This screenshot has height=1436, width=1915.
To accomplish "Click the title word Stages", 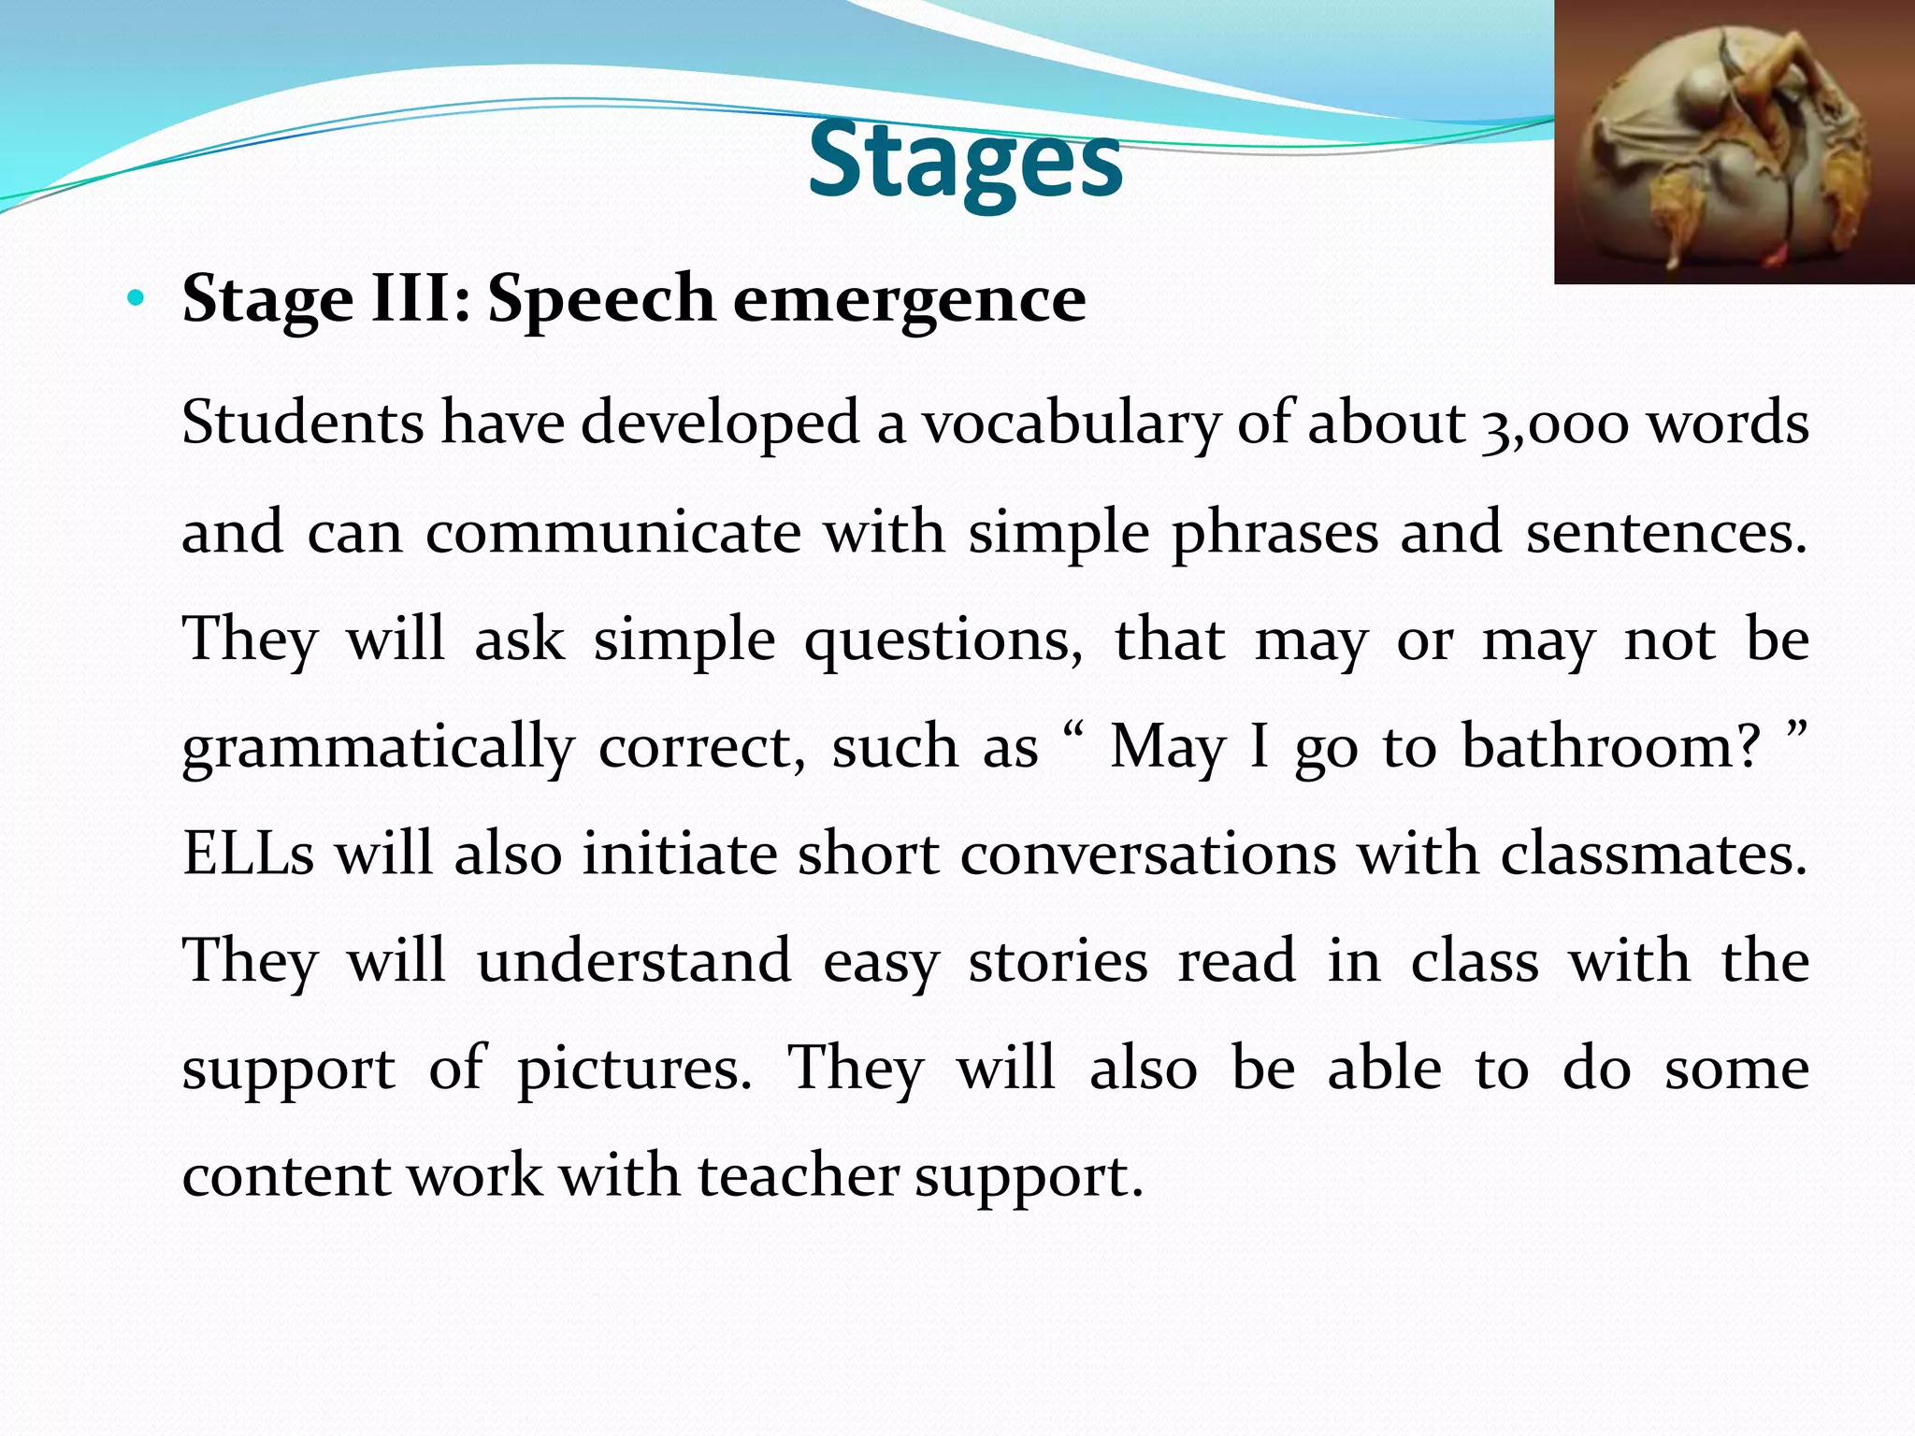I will coord(965,161).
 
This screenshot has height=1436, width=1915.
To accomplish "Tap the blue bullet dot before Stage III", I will coord(137,299).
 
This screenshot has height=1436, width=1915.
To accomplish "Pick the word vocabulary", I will coord(1072,424).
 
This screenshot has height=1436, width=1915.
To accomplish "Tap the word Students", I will coord(302,424).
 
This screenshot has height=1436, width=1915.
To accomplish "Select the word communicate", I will coord(612,532).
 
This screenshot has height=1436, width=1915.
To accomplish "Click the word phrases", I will coord(1274,532).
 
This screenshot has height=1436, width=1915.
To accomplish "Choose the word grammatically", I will coord(378,748).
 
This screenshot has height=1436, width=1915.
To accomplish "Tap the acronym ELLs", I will coord(248,854).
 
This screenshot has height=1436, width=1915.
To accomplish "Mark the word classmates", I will coord(1653,854).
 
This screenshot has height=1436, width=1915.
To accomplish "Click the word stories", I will coord(1058,961).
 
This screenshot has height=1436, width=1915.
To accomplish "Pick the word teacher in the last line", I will coord(798,1175).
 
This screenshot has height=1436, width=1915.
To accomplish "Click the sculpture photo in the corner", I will coord(1734,142).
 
